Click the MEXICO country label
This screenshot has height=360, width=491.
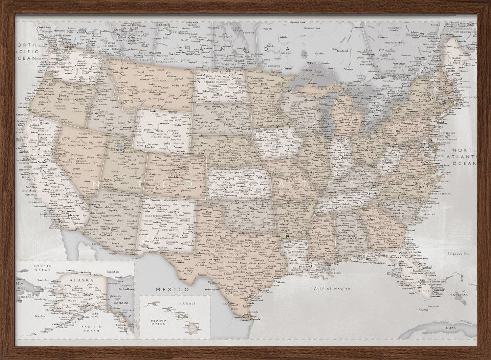coord(173,289)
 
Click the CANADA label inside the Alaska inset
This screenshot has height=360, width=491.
coord(120,303)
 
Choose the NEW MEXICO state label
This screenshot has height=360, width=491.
coord(167,230)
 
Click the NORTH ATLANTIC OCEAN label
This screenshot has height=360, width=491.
coord(464,157)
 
